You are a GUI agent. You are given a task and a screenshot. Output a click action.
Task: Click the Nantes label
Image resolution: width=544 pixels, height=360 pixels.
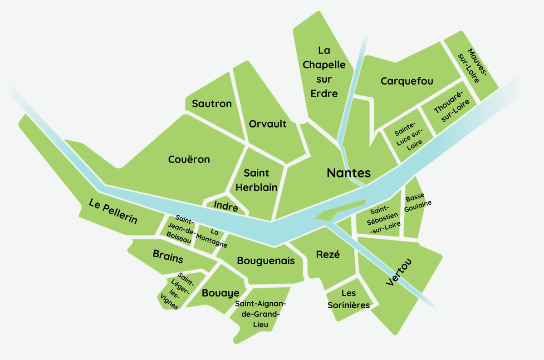348,173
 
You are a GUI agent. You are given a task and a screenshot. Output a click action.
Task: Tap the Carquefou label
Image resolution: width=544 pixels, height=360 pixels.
407,81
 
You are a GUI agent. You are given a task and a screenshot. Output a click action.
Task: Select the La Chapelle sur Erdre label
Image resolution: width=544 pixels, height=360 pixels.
324,72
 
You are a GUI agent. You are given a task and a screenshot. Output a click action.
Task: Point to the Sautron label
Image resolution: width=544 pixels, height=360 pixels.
211,104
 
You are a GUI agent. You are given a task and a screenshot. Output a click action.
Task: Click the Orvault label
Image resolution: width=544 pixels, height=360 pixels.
268,123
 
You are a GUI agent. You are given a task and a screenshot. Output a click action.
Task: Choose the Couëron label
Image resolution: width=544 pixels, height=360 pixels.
189,159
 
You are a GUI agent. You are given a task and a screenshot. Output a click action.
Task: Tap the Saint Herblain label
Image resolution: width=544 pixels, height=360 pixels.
256,180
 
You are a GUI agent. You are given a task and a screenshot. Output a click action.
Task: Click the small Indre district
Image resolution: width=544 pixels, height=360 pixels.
225,207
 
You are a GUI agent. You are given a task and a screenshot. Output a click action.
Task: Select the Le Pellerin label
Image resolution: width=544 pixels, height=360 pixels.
113,212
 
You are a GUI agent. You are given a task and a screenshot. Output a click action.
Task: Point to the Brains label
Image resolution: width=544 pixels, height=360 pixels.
168,256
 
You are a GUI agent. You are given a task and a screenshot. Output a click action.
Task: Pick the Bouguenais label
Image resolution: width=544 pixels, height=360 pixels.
266,261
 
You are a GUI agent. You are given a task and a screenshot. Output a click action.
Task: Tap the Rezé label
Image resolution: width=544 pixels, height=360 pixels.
328,254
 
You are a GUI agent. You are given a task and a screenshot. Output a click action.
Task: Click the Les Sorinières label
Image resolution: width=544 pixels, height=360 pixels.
348,300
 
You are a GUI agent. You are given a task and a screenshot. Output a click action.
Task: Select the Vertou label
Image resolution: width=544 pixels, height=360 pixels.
399,272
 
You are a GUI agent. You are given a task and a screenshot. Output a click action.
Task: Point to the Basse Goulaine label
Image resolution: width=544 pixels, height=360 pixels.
415,200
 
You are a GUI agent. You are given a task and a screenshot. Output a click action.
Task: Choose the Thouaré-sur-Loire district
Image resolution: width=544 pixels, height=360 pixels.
448,109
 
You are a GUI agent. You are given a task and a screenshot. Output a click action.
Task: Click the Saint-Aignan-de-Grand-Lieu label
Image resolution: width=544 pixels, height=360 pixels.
261,314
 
